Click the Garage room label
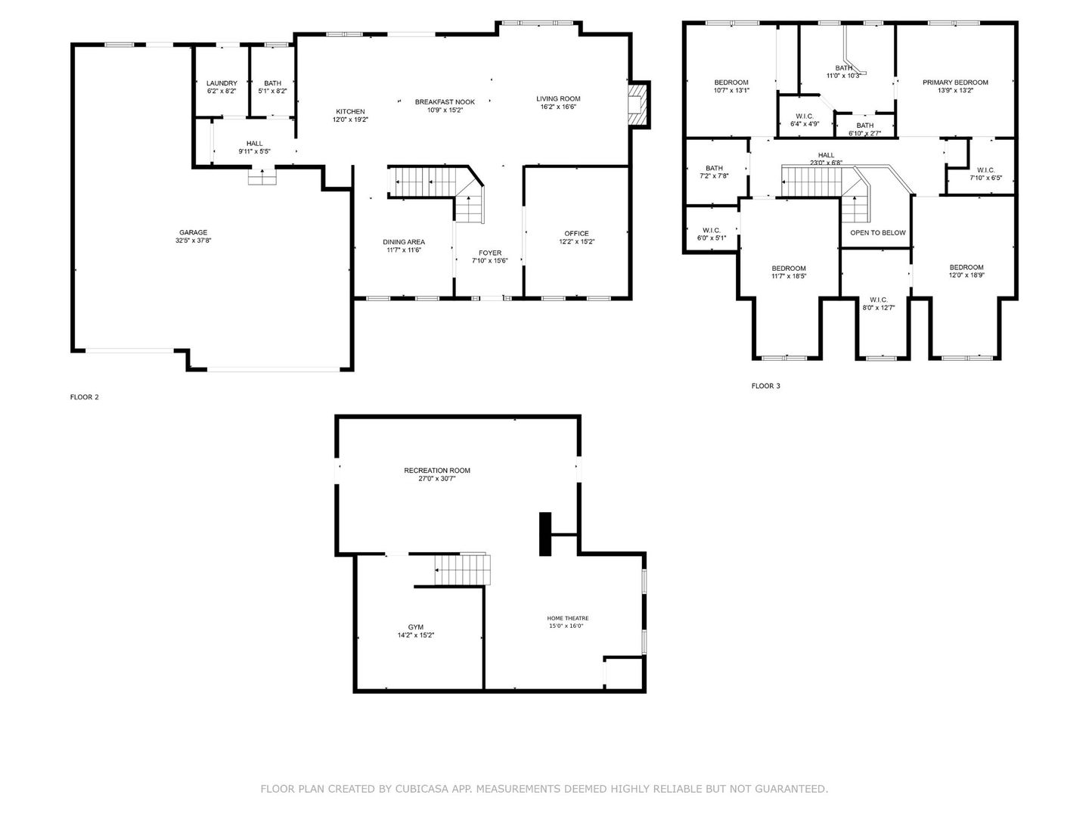click(x=193, y=232)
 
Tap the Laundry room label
click(x=222, y=83)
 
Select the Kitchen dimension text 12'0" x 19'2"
click(x=350, y=120)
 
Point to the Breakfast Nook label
click(x=445, y=101)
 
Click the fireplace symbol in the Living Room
click(x=640, y=104)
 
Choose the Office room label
click(x=576, y=233)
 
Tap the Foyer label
click(x=490, y=253)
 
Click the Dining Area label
click(x=404, y=242)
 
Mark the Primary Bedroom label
click(x=955, y=82)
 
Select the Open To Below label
click(x=877, y=232)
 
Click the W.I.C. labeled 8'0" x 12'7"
click(x=878, y=300)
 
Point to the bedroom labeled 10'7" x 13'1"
click(x=731, y=82)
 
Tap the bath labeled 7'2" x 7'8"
click(x=714, y=168)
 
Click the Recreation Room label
click(x=437, y=471)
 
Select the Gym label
click(x=416, y=627)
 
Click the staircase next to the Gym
click(x=462, y=570)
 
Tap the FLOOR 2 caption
click(x=85, y=397)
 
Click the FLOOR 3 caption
click(x=765, y=386)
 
